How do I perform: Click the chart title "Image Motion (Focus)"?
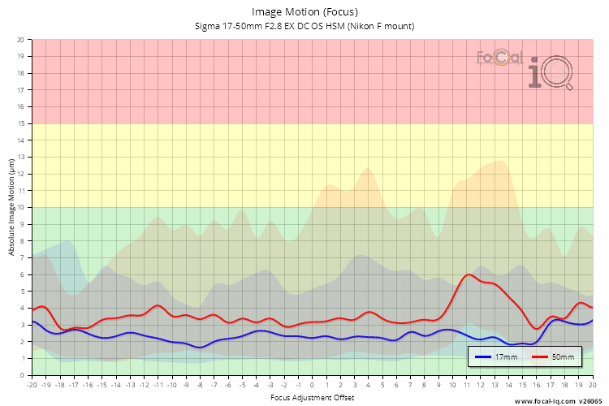click(x=304, y=12)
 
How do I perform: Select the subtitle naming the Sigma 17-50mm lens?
click(x=304, y=26)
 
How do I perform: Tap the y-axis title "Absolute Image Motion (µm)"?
click(x=11, y=207)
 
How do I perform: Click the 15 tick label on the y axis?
click(x=21, y=123)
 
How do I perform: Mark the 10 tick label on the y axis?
click(x=21, y=207)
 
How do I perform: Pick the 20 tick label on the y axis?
click(x=21, y=39)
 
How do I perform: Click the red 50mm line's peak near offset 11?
click(x=469, y=274)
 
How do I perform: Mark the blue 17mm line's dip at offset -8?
click(x=201, y=348)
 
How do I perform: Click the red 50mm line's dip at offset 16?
click(x=537, y=328)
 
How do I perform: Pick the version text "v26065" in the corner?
click(x=591, y=400)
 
